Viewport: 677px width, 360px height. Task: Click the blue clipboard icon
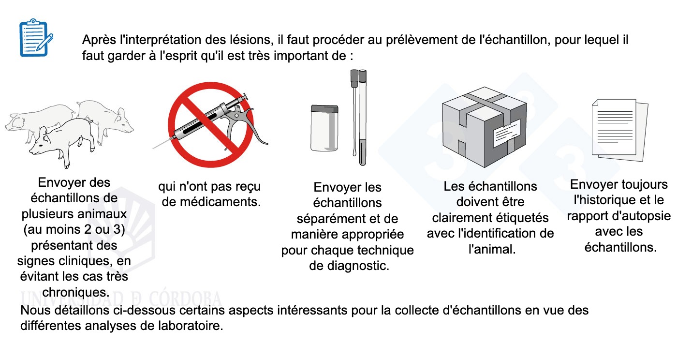[36, 38]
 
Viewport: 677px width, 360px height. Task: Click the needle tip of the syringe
[153, 148]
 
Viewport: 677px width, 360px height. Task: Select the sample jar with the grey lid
[324, 128]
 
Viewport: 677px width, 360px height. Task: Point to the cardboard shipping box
[484, 127]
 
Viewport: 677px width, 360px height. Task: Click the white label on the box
[507, 133]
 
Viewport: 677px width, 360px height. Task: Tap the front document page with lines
[614, 127]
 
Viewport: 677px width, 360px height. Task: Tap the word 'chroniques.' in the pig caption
[75, 292]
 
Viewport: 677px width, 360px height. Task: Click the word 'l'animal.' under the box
[492, 249]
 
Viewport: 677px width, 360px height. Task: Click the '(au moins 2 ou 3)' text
[74, 230]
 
